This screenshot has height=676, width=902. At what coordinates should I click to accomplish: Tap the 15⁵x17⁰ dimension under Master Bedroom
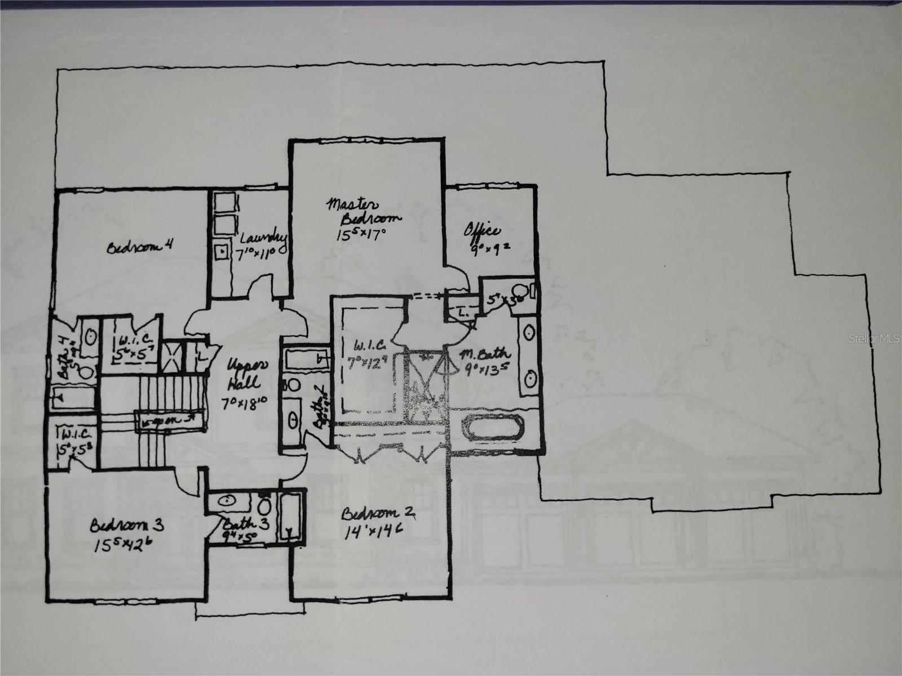tap(361, 234)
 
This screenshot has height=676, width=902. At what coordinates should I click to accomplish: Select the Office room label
tap(482, 230)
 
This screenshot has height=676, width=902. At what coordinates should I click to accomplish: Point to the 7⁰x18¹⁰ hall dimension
tap(245, 403)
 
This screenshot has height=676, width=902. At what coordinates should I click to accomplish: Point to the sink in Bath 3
tap(228, 500)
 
